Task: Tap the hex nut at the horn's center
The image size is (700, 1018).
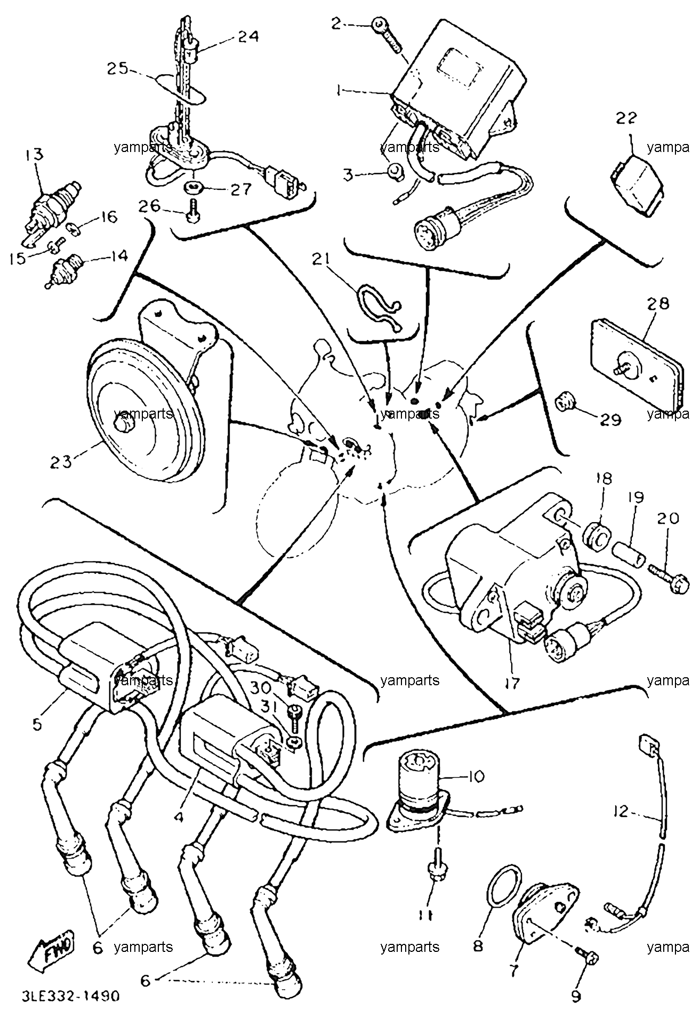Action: (x=124, y=424)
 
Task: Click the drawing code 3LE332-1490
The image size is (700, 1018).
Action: (x=71, y=996)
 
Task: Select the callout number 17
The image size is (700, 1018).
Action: (x=512, y=683)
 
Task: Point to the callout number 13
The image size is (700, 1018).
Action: (x=35, y=155)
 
